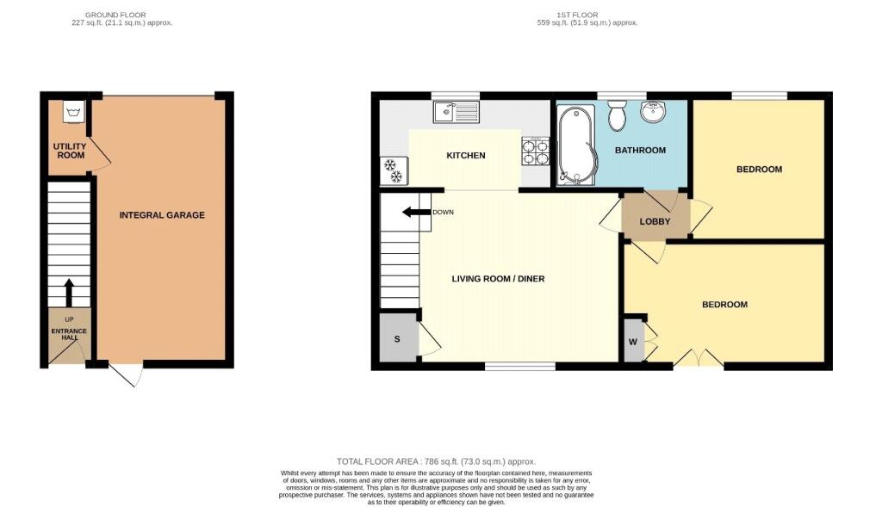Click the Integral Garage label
pyautogui.click(x=162, y=214)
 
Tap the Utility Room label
pyautogui.click(x=71, y=151)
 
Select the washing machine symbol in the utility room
pyautogui.click(x=74, y=112)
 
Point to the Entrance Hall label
pyautogui.click(x=69, y=334)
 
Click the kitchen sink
pyautogui.click(x=457, y=112)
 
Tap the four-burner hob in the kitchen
pyautogui.click(x=535, y=151)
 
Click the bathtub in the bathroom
pyautogui.click(x=575, y=145)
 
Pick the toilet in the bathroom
pyautogui.click(x=617, y=114)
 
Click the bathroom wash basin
pyautogui.click(x=653, y=111)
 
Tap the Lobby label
pyautogui.click(x=655, y=221)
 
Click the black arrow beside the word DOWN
pyautogui.click(x=416, y=212)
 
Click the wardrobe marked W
pyautogui.click(x=634, y=341)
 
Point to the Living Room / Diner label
pyautogui.click(x=498, y=278)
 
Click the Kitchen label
pyautogui.click(x=466, y=155)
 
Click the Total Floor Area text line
pyautogui.click(x=436, y=461)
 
